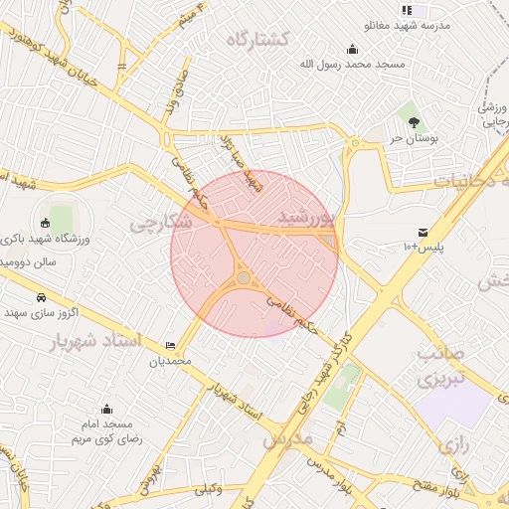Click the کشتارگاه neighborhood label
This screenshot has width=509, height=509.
[x=257, y=40]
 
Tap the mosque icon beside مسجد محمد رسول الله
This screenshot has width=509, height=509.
[x=351, y=49]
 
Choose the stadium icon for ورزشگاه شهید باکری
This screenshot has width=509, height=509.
[x=46, y=222]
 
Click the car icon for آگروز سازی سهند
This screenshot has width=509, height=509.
[x=41, y=297]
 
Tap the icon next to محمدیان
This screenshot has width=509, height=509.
[x=171, y=345]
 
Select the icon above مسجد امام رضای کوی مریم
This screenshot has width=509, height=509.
[x=106, y=409]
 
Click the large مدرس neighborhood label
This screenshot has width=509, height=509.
[x=287, y=437]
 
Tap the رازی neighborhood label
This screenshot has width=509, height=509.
[x=453, y=445]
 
